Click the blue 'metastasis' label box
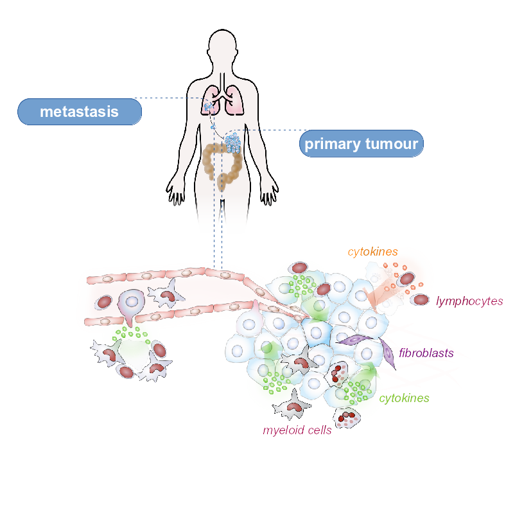click(79, 111)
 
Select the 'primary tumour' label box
click(362, 143)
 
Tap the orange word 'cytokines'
click(372, 252)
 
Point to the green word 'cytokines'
click(404, 398)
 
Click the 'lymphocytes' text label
click(469, 300)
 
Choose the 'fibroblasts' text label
click(426, 353)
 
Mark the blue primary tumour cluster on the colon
click(232, 143)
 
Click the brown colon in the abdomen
click(222, 164)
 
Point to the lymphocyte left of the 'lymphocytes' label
click(421, 299)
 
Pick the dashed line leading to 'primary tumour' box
click(270, 129)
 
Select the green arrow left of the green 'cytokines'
click(369, 375)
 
